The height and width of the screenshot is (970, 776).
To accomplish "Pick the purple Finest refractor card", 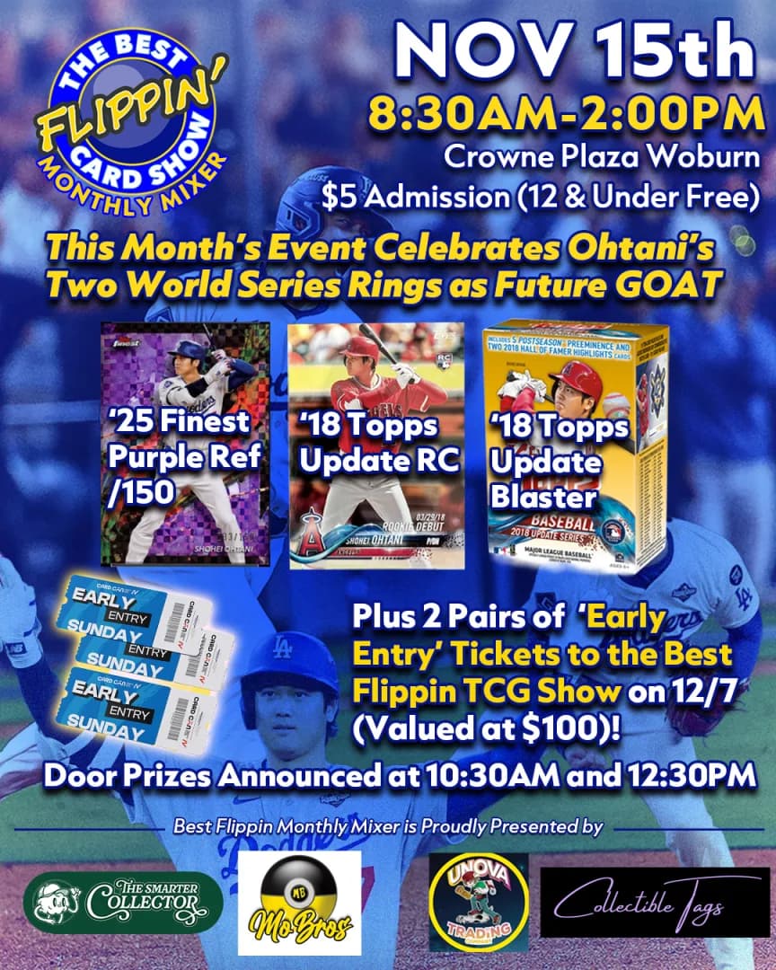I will coord(186,445).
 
